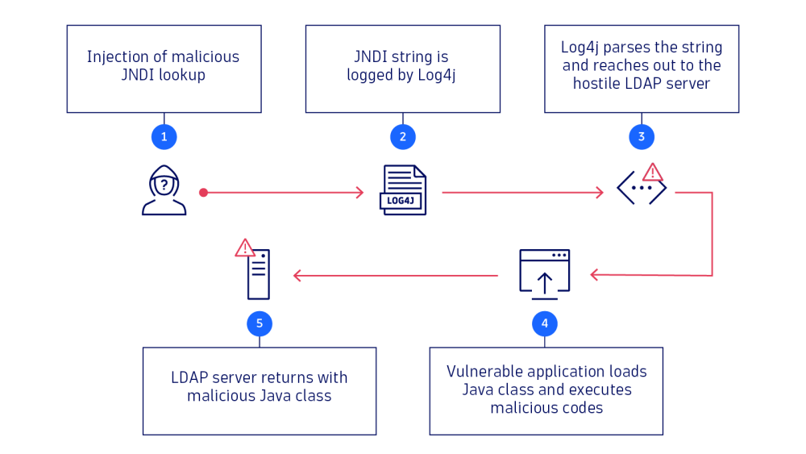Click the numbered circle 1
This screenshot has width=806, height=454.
[164, 136]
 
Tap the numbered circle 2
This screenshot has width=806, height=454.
[403, 136]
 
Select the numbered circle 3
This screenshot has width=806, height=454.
[642, 136]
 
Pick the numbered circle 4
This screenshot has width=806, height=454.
[545, 323]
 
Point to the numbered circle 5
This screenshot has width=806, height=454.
[260, 323]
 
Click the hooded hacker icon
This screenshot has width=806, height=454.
[164, 190]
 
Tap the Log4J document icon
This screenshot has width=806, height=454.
[403, 190]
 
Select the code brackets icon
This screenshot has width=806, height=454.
[642, 190]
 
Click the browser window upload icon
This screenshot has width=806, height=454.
[545, 272]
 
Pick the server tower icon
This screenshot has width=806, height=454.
[259, 274]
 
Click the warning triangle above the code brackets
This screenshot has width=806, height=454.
[652, 172]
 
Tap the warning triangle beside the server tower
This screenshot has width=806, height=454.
[245, 248]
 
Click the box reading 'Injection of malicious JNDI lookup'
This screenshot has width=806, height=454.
[164, 69]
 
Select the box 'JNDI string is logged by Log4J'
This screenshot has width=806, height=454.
[403, 69]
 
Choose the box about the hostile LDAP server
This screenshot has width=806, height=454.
[642, 69]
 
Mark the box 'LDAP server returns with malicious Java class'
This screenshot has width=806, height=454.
[260, 391]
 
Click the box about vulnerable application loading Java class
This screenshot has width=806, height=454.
[546, 391]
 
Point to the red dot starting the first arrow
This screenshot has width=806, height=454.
[203, 193]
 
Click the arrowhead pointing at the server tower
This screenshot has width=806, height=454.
[297, 276]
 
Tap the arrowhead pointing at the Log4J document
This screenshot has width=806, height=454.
[360, 193]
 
